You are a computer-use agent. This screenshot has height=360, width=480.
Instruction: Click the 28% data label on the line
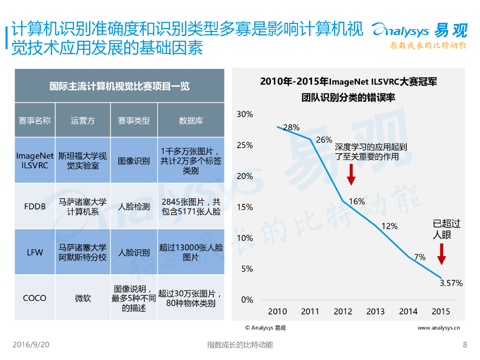291,127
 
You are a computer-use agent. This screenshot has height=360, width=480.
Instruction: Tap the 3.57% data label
451,283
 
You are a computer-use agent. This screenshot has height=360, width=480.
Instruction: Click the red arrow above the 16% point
352,177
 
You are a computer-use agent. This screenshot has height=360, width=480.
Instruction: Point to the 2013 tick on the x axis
375,311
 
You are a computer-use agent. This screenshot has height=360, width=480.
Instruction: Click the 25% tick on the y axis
245,145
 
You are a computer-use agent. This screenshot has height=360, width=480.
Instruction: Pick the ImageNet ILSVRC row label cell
35,160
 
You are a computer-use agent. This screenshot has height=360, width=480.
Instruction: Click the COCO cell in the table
35,298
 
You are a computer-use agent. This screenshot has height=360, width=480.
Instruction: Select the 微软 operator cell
82,298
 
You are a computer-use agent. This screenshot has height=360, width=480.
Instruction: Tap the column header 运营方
82,120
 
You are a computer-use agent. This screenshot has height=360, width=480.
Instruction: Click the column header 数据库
191,120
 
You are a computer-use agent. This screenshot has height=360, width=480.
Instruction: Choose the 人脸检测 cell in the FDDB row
134,206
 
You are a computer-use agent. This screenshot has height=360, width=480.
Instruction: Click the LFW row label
35,252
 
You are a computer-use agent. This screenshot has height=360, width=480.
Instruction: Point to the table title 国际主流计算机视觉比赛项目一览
120,86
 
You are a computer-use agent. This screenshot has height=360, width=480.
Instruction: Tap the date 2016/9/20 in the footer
31,345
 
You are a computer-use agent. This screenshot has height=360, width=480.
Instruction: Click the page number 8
465,345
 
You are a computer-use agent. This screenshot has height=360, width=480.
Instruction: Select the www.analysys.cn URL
438,328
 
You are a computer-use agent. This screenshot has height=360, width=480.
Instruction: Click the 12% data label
389,226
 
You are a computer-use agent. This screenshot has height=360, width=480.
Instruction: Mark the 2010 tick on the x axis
277,311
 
